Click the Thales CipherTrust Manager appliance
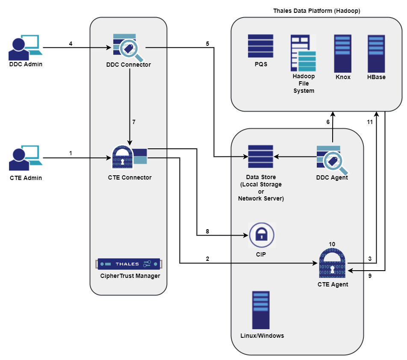[x=129, y=264]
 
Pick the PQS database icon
[x=260, y=46]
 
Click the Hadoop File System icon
[x=303, y=53]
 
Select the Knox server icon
[x=343, y=53]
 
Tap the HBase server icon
[x=376, y=53]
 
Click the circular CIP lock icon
[x=261, y=235]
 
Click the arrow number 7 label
[x=134, y=122]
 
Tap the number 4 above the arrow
[x=71, y=44]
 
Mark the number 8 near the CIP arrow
[x=207, y=231]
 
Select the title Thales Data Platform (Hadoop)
[x=316, y=11]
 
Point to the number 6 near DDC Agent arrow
[x=328, y=122]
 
